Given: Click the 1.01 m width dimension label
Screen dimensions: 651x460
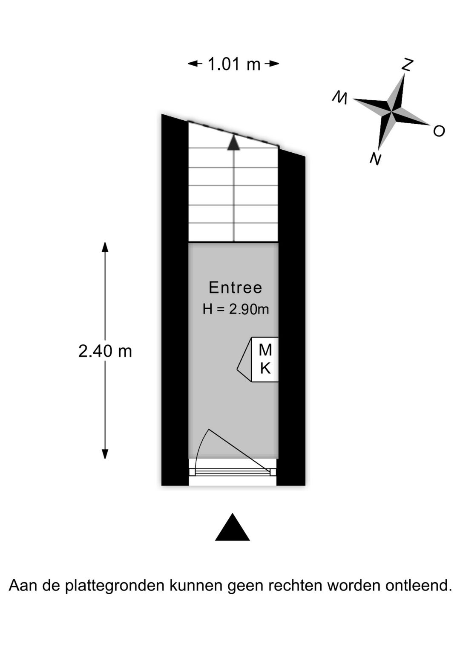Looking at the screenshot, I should coord(234,64).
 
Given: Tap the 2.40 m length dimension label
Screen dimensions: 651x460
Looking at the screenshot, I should coord(105,351).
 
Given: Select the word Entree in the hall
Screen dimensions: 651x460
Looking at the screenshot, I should coord(235,288).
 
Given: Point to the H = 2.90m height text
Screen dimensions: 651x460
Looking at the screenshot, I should coord(236,309).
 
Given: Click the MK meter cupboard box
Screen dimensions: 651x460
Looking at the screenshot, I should coord(264,359).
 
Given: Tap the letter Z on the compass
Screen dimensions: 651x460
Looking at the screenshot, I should coord(408,64).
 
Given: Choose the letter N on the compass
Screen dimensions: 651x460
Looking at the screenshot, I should coord(375,159).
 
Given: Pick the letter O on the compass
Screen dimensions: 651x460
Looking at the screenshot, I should coord(439,131).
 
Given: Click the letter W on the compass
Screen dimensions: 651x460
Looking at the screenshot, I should coord(340,98).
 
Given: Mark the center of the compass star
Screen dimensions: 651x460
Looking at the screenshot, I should coord(391,112).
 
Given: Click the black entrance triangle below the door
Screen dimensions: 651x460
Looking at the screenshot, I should coord(233,528).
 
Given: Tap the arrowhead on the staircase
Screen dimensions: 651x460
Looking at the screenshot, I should coord(233,142).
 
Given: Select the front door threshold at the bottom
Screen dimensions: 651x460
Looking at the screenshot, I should coord(233,472).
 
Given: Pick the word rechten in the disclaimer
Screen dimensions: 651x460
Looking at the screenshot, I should coord(295,585).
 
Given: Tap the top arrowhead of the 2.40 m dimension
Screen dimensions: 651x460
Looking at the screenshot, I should coord(105,247).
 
